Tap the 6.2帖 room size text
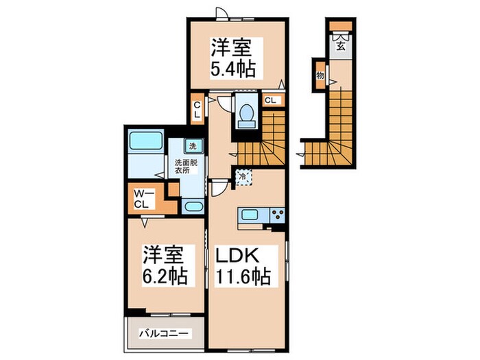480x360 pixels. click(x=164, y=277)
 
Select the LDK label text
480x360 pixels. click(x=237, y=255)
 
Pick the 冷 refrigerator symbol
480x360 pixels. click(x=244, y=176)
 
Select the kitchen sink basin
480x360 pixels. click(x=248, y=215)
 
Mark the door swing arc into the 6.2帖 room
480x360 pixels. click(x=145, y=223)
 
